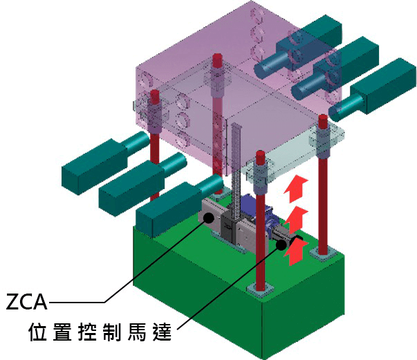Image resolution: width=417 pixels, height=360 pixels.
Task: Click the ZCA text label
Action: click(27, 303)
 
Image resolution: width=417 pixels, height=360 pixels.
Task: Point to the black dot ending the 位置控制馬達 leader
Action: click(281, 244)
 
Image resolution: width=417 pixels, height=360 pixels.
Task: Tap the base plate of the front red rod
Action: click(263, 291)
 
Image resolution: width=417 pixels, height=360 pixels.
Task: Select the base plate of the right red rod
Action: click(323, 253)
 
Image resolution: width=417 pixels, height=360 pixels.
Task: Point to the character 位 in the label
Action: click(39, 332)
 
